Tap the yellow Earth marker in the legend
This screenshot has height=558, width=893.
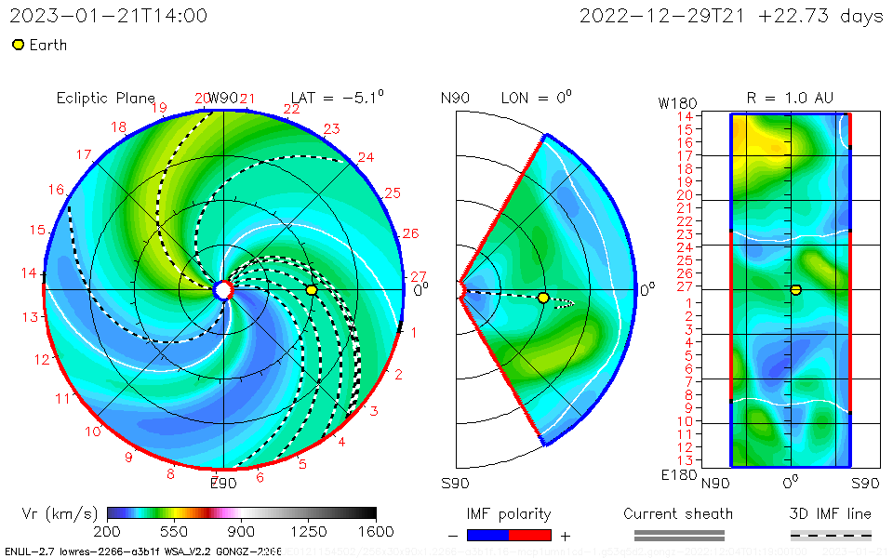point(18,45)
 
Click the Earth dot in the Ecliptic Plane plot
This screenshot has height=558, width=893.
point(312,290)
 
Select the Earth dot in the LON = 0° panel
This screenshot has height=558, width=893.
point(543,298)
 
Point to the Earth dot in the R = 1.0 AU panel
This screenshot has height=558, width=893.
point(796,290)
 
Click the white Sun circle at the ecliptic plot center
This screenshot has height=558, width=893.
point(223,290)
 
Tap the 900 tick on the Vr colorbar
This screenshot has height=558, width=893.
point(242,531)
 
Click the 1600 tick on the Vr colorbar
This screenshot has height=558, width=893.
point(376,531)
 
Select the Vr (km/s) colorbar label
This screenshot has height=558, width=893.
point(60,514)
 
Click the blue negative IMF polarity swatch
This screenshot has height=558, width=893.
point(487,535)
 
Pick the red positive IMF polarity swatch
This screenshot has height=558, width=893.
point(530,535)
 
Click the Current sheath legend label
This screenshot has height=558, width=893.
point(678,513)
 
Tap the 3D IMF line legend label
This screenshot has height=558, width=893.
point(831,513)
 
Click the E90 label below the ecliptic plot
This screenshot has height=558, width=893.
point(223,483)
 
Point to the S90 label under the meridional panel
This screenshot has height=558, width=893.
point(455,483)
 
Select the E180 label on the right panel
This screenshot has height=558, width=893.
point(676,475)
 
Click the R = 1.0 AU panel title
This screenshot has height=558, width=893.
point(790,98)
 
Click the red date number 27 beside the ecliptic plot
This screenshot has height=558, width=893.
point(419,276)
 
